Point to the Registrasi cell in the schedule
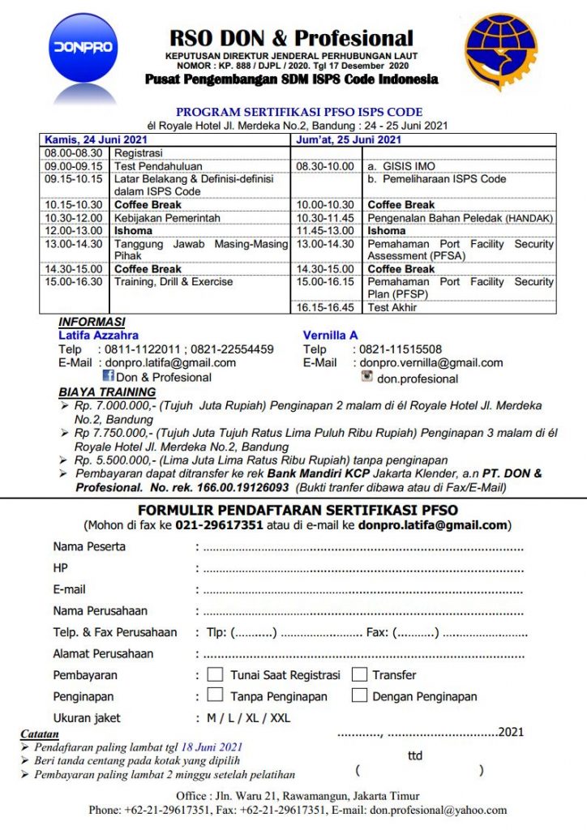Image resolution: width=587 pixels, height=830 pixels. [x=139, y=152]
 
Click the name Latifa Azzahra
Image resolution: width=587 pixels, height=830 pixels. [x=98, y=335]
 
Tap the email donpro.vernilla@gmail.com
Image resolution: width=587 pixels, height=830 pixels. [x=431, y=363]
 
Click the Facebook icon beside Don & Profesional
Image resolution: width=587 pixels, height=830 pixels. [x=108, y=376]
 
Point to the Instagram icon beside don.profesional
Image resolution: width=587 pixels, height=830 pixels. [x=366, y=377]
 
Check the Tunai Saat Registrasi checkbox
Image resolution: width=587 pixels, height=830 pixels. [x=216, y=674]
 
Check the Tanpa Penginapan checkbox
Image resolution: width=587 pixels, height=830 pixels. [x=216, y=695]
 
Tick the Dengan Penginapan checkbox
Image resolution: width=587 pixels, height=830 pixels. [x=359, y=695]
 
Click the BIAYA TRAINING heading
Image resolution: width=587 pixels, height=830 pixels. [x=107, y=392]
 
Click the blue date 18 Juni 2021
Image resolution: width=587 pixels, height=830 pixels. [x=212, y=747]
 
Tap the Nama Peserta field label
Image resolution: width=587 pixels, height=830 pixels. [x=89, y=546]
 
